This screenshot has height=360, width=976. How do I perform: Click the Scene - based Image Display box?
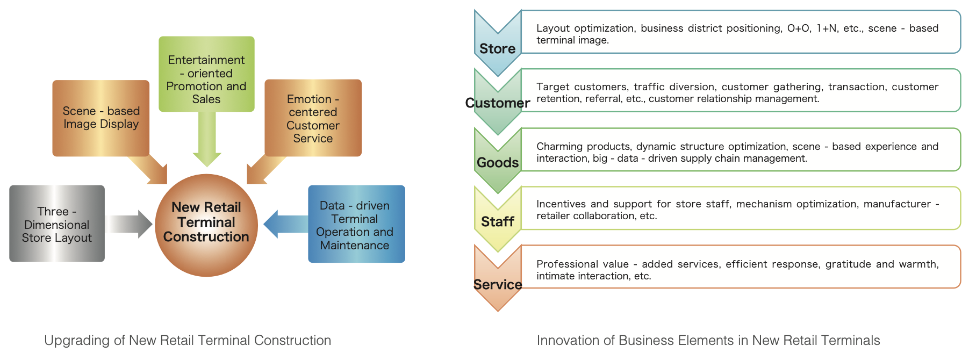tap(101, 118)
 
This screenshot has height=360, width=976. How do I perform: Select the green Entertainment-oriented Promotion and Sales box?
tap(206, 74)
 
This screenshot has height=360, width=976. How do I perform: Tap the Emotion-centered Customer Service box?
tap(313, 118)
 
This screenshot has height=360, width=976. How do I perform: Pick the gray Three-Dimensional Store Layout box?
tap(57, 224)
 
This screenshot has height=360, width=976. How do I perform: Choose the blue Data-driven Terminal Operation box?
tap(356, 224)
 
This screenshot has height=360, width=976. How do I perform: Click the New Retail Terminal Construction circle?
tap(206, 225)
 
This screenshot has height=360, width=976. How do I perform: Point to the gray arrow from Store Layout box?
tap(129, 224)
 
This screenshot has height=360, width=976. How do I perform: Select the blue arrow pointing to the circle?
tap(285, 224)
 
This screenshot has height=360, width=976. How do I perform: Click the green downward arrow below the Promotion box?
tap(207, 139)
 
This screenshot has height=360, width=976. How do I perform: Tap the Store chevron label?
tap(498, 49)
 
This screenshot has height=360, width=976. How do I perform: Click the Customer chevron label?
tap(498, 103)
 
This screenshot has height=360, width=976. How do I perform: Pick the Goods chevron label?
tap(498, 162)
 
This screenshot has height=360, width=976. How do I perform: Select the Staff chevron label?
tap(498, 221)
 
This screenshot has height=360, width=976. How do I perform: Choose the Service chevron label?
tap(498, 284)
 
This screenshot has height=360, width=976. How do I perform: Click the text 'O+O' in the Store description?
tap(798, 28)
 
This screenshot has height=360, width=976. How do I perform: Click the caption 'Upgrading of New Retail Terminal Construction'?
tap(188, 340)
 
